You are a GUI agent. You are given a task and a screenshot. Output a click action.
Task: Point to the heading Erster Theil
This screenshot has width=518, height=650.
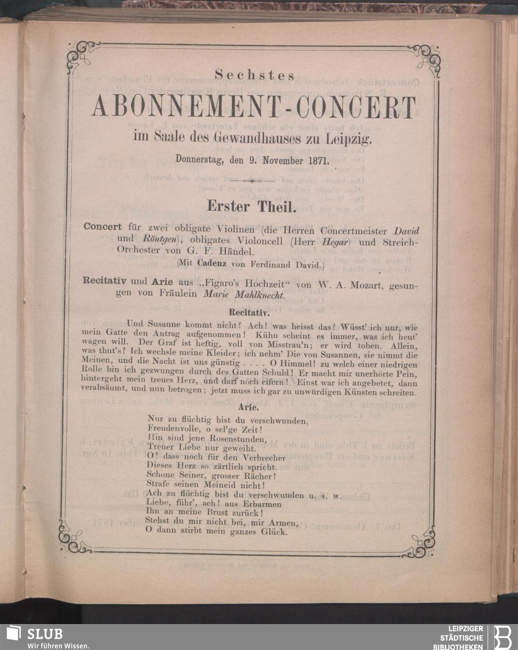[251, 206]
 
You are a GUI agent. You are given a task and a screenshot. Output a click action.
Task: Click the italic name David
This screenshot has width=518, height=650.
[406, 230]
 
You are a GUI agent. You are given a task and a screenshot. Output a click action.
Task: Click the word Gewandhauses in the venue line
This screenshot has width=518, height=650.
[254, 139]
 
